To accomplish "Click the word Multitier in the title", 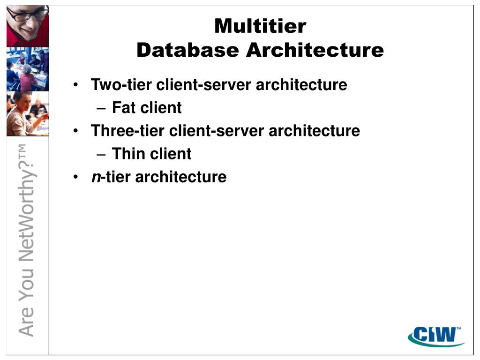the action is click(260, 26).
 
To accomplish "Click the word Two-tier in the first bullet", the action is click(121, 85).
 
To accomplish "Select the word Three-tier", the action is click(128, 131).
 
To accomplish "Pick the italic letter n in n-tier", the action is click(96, 177).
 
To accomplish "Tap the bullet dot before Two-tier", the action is click(76, 85).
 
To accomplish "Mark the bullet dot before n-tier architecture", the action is click(76, 177).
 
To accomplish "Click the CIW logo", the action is click(435, 335).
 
